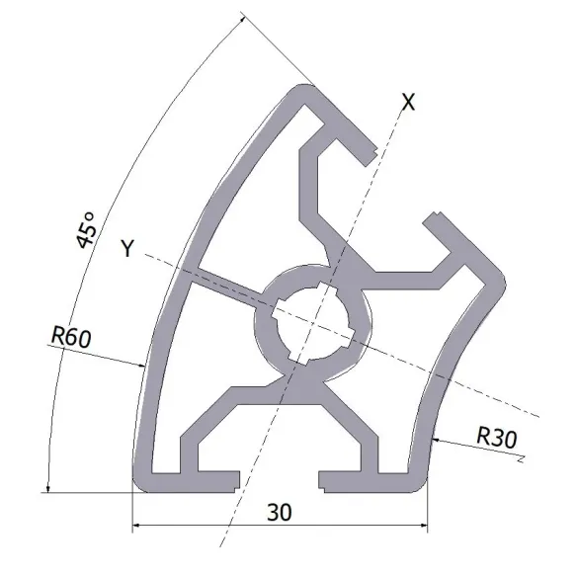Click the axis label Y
pyautogui.click(x=126, y=248)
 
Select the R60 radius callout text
pyautogui.click(x=70, y=337)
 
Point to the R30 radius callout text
pyautogui.click(x=495, y=434)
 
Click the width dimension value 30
pyautogui.click(x=281, y=512)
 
